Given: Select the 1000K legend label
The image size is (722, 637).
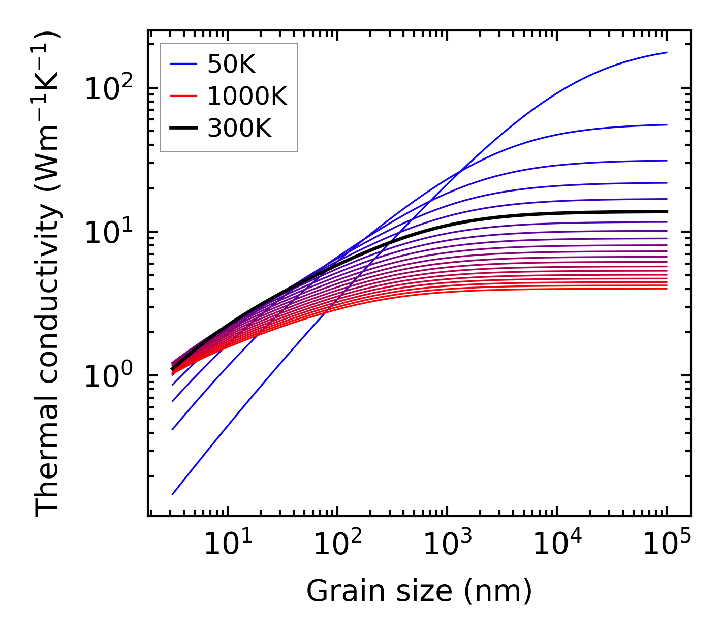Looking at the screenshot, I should point(247,96).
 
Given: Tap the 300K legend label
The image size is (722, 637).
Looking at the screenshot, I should point(239,129).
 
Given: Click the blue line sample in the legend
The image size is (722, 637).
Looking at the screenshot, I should point(183,64).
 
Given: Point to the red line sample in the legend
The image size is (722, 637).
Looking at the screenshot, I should point(183,96).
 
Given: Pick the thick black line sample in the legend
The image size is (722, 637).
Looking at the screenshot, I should point(183,129).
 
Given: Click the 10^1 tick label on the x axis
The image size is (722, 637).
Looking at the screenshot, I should point(228,546).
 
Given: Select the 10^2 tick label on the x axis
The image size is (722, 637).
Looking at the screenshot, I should point(337,546).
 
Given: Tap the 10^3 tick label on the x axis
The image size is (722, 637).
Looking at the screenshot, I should point(447,546).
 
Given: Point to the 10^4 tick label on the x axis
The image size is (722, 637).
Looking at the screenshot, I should point(557,546).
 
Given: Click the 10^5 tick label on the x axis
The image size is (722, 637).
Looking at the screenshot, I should point(667,546).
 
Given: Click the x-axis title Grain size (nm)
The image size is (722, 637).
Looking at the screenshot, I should point(419,591).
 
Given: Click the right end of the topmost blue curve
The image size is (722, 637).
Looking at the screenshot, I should point(667,52).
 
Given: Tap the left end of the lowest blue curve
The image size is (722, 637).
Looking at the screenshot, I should point(173,494).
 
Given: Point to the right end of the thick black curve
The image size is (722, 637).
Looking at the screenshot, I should point(667,211).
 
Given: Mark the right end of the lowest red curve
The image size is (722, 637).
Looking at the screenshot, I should point(667,289).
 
